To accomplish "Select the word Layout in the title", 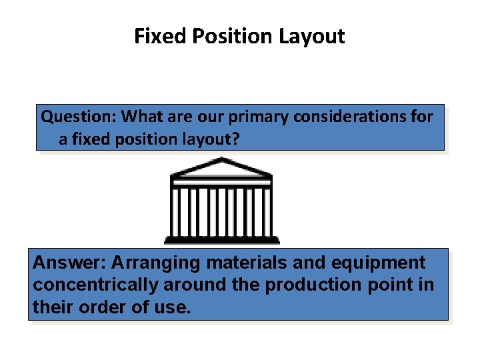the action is coord(312,36).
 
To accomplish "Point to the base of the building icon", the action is coord(222,239).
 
